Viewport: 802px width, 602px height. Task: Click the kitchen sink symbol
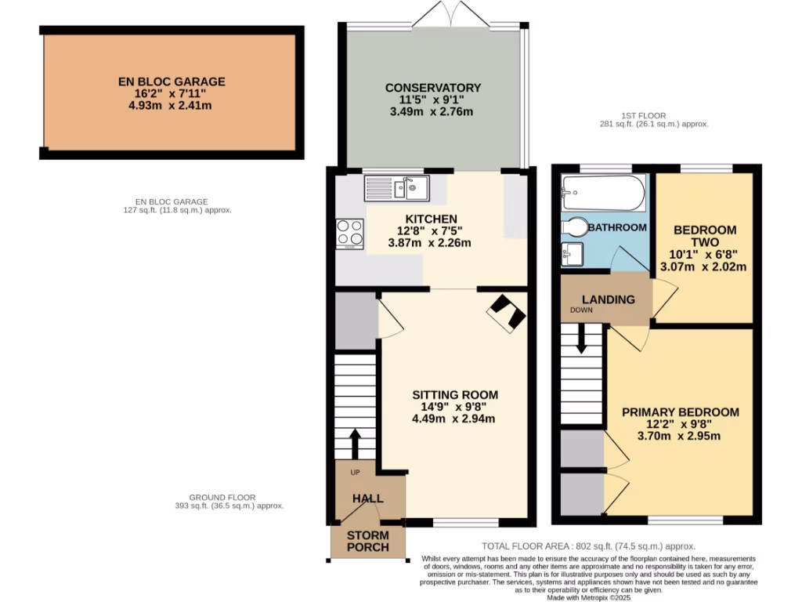coord(397,187)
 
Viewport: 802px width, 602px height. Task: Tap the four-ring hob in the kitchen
coord(350,233)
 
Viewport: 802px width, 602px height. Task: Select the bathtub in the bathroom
coord(604,193)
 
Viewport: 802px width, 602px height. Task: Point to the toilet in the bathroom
coord(575,227)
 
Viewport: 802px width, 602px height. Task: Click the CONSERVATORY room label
coord(432,88)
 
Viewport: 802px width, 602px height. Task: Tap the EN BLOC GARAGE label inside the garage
coord(172,82)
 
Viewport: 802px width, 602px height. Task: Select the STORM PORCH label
coord(367,541)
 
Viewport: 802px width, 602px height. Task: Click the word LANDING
coord(608,299)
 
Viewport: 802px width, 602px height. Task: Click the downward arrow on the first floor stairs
coord(581,339)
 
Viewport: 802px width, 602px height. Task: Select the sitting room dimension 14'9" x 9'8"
coord(453,407)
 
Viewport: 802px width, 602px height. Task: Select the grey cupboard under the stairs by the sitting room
coord(356,320)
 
